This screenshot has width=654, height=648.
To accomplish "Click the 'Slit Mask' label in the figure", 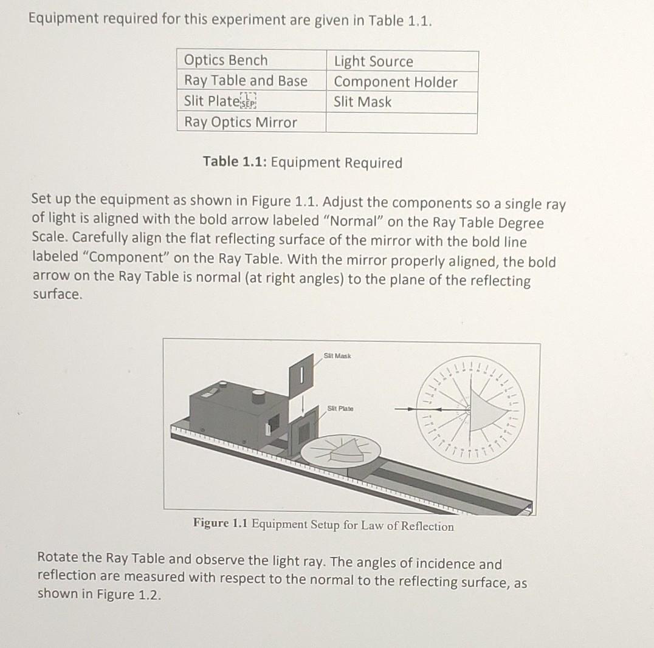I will pos(338,355).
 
